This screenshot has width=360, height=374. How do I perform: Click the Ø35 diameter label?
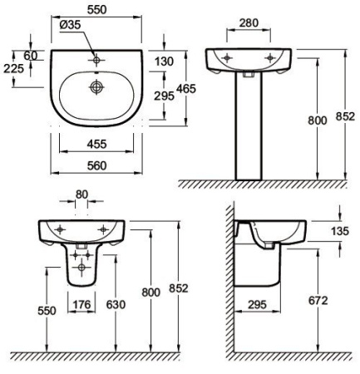(x=70, y=25)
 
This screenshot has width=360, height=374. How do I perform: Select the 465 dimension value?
(x=186, y=89)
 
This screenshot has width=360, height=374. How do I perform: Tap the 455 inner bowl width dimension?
(x=96, y=144)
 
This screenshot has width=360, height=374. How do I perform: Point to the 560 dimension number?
(x=96, y=165)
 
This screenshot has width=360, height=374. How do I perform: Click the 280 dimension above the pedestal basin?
(x=249, y=23)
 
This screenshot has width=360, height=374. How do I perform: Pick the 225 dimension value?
(x=13, y=68)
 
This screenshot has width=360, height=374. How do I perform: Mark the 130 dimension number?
(x=164, y=62)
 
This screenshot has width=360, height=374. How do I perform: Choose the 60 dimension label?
(x=31, y=56)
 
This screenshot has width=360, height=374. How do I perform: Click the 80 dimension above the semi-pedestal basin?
(x=81, y=194)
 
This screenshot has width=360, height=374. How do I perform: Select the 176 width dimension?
(x=81, y=304)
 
